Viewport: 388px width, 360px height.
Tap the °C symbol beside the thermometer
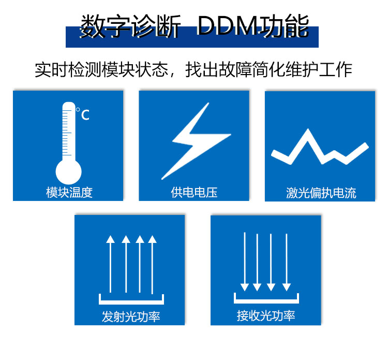pos(83,114)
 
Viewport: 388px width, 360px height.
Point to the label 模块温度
pos(69,193)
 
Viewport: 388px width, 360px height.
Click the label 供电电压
pos(194,193)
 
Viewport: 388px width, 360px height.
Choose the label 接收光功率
pos(266,315)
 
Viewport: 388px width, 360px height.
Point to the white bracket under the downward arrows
pos(266,298)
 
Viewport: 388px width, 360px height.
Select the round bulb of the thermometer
pos(69,170)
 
